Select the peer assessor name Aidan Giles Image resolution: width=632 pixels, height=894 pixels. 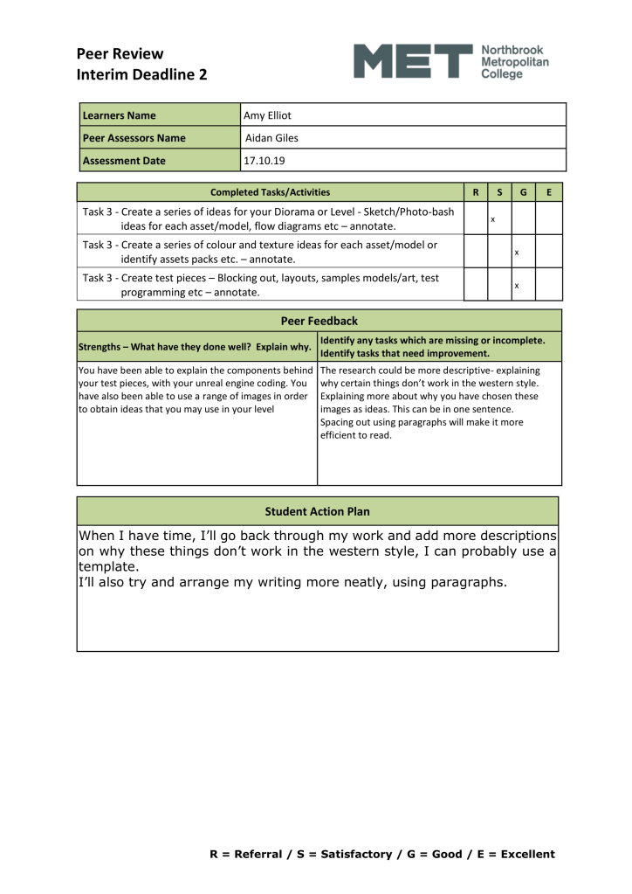271,138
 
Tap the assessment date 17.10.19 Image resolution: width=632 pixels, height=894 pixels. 264,161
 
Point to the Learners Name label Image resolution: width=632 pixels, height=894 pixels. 119,115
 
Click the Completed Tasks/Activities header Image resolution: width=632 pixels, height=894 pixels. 271,192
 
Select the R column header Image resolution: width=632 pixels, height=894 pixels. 475,192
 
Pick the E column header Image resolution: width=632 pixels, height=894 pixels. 548,192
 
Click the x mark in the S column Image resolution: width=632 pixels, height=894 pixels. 492,219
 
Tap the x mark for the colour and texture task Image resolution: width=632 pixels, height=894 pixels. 517,253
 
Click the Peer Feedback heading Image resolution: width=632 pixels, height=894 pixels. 319,321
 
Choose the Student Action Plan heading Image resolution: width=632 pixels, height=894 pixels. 318,510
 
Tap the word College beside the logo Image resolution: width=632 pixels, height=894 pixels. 503,75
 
